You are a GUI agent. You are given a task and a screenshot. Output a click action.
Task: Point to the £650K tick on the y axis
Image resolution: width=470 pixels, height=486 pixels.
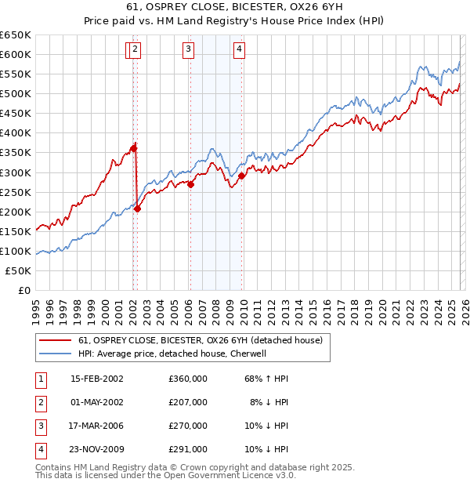coord(16,35)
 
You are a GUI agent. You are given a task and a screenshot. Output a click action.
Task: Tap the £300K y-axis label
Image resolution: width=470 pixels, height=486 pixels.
coord(16,172)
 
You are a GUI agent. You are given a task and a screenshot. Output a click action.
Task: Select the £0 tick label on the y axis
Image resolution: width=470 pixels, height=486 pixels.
coord(24,290)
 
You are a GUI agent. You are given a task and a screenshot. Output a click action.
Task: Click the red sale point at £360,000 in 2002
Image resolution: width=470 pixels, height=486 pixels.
coord(134,147)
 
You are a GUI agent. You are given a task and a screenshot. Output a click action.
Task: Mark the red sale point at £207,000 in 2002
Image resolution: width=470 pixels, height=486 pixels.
coord(137,209)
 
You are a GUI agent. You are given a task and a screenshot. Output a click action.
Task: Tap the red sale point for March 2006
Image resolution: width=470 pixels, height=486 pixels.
coord(190,184)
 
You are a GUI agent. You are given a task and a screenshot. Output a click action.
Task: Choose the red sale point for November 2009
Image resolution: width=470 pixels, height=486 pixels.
coord(242,176)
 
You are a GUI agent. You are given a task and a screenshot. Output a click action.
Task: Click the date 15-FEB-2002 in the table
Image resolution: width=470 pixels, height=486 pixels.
coord(97,379)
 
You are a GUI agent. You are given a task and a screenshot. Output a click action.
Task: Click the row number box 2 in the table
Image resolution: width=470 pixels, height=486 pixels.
coord(39,402)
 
